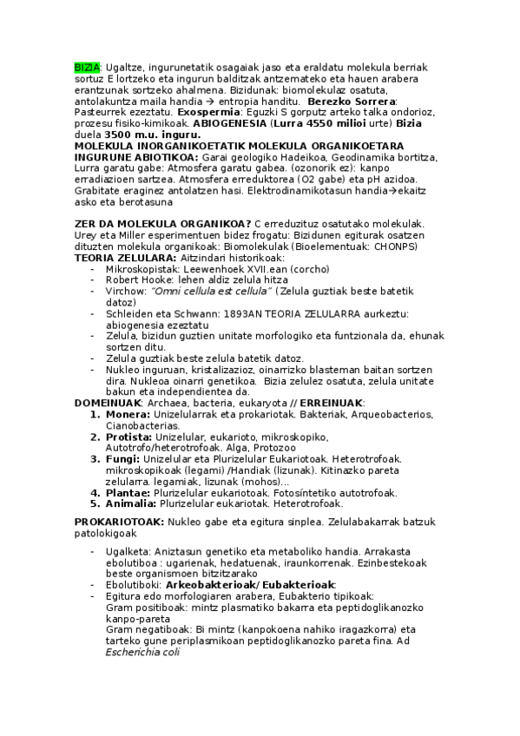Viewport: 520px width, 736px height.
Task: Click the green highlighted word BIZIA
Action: [88, 67]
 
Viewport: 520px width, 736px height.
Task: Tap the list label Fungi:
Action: [122, 458]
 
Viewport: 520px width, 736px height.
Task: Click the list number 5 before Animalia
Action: [96, 503]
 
